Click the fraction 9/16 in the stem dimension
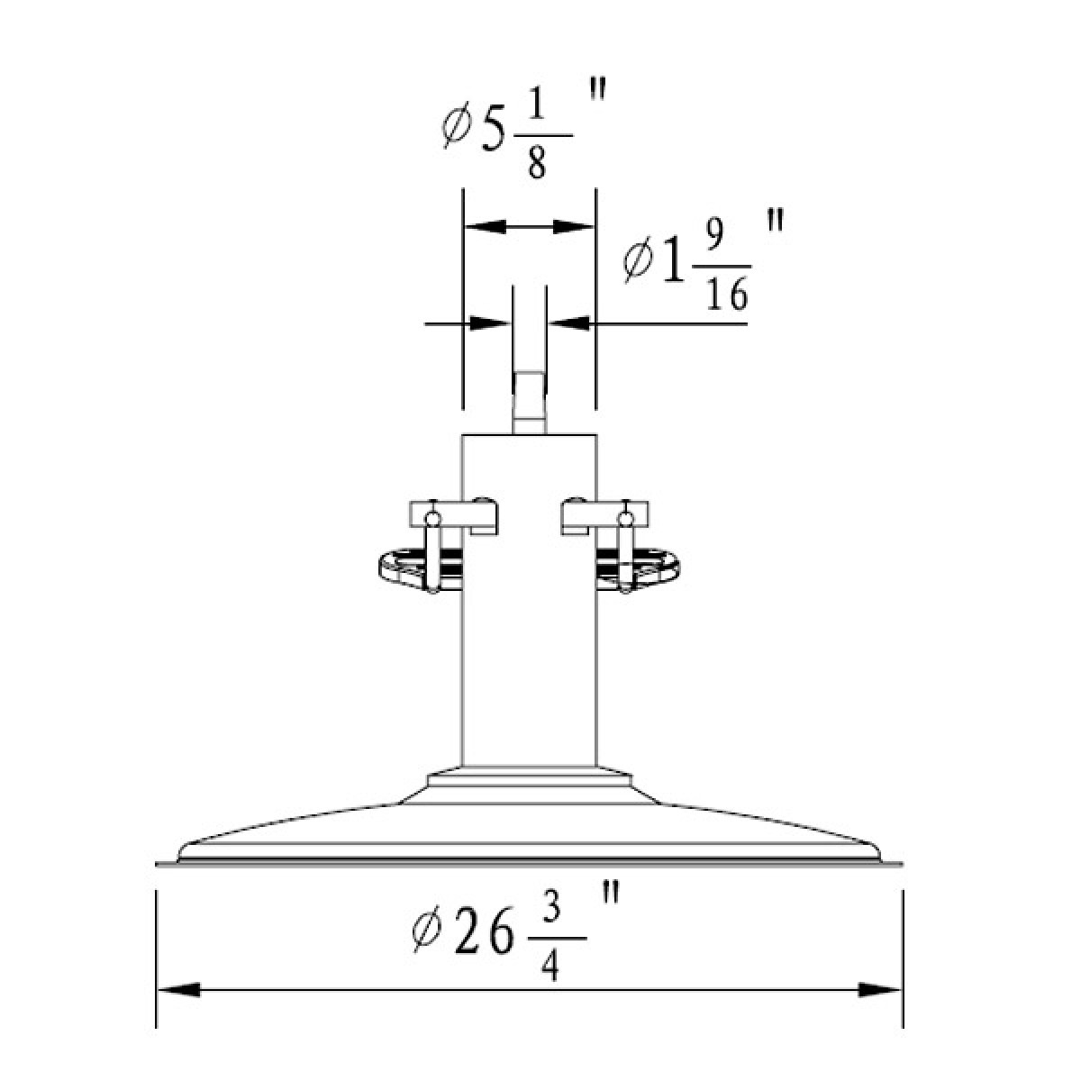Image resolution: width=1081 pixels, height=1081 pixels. [x=727, y=269]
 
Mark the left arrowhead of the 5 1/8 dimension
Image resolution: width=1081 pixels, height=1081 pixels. [x=483, y=227]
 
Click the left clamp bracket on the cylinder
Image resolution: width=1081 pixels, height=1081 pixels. [x=454, y=516]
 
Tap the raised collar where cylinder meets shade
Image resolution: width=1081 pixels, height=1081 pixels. [x=529, y=777]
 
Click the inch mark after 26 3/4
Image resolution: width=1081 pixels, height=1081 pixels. [x=611, y=895]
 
